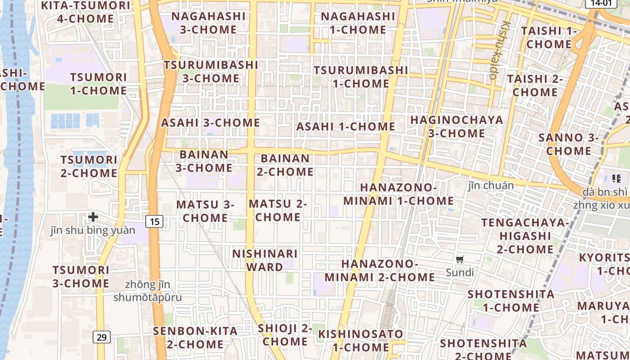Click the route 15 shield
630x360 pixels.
click(154, 221)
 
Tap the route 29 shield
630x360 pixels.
click(102, 337)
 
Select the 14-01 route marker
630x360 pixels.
click(600, 3)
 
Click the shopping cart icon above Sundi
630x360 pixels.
click(460, 259)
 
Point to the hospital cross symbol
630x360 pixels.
click(93, 217)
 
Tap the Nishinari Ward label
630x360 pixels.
click(265, 260)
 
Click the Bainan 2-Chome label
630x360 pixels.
click(285, 165)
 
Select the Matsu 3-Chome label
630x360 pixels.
click(205, 211)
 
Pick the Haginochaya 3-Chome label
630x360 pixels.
click(456, 126)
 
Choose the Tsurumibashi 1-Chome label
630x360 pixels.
click(360, 77)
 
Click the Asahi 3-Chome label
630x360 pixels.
click(211, 123)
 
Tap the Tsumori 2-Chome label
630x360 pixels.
click(89, 166)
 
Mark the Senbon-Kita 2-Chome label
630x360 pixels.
click(195, 337)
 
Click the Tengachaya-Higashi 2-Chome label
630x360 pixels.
click(525, 236)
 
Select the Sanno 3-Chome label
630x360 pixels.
click(569, 144)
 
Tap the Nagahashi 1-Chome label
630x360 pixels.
click(358, 23)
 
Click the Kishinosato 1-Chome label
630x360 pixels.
click(361, 341)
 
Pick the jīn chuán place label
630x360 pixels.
click(490, 185)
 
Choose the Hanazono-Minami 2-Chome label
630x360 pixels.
click(380, 270)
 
